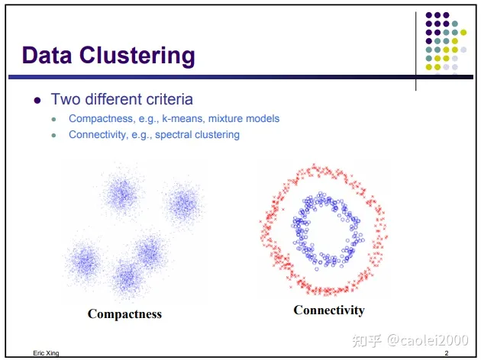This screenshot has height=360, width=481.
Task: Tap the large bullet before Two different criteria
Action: tap(36, 100)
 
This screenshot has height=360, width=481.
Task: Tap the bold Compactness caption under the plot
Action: tap(124, 313)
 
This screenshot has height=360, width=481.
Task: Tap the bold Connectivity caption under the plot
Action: tap(329, 310)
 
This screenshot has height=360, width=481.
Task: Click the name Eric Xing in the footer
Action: tap(46, 355)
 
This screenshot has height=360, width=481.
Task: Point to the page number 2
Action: tap(446, 355)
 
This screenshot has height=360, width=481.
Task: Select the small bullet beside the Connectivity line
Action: tap(53, 135)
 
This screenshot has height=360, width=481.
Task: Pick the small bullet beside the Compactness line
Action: tap(53, 119)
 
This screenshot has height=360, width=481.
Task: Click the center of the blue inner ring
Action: tap(324, 230)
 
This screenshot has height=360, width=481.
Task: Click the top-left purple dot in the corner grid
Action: tap(429, 14)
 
